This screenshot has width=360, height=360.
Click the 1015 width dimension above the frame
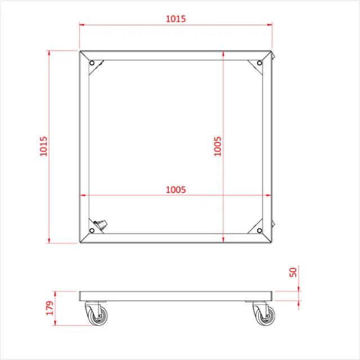(175, 19)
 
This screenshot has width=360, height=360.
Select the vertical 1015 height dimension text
(43, 147)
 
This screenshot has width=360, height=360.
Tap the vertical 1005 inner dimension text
(218, 147)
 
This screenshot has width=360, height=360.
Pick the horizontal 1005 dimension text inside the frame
(175, 190)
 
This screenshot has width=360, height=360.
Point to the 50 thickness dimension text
(292, 272)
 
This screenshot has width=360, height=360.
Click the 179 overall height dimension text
(49, 308)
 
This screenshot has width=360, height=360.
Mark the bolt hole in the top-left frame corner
(92, 63)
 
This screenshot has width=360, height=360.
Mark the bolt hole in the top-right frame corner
(259, 63)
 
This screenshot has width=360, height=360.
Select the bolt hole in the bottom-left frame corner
(92, 231)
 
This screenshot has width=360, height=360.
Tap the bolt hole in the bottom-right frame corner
(259, 231)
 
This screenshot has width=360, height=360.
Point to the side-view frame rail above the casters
(175, 296)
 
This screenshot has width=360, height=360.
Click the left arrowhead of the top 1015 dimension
(82, 25)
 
